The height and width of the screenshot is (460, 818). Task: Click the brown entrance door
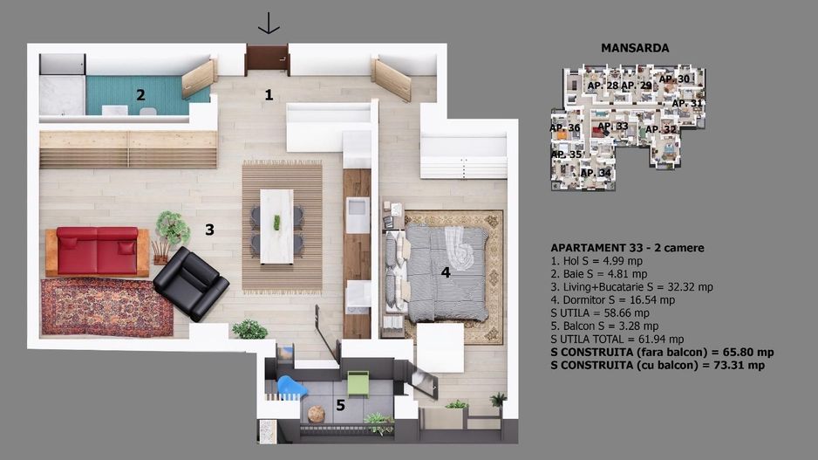coord(267,59)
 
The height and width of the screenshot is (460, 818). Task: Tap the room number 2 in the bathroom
coord(140,95)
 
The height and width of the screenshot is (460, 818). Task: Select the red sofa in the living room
coord(97,251)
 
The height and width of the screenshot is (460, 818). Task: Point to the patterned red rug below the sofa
coord(106,307)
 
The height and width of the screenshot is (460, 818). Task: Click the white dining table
coord(276,225)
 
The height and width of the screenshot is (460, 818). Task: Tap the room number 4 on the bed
coord(445,272)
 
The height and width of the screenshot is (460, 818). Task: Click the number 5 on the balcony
coord(340,405)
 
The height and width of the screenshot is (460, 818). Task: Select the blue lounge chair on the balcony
coord(291,388)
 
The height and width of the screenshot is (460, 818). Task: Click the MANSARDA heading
coord(635,48)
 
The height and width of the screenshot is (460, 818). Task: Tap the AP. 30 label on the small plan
coord(674,79)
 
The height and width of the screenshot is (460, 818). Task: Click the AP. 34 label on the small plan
coord(595,173)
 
